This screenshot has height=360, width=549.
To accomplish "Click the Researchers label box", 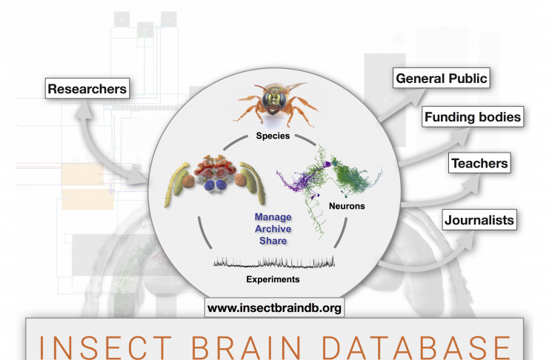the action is tap(87, 88).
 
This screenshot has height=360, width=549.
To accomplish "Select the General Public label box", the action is tap(441, 78).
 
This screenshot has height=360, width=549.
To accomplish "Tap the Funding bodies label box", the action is tap(473, 116).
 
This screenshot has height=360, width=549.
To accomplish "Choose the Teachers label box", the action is tap(479, 163).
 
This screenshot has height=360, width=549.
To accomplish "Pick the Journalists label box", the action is tap(479, 220).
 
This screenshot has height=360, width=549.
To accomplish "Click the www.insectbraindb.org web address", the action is tap(274, 307).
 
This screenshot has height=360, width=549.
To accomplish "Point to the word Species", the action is tap(273, 136).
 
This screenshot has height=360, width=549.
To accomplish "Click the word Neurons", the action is tap(347, 206).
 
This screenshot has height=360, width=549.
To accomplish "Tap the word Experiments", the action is tap(273, 279).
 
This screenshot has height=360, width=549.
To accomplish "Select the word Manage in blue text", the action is tap(273, 217).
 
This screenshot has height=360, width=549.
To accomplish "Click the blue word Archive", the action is tap(273, 229).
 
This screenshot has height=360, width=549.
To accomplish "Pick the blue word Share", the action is tap(273, 241).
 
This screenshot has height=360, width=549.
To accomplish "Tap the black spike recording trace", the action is tap(274, 262).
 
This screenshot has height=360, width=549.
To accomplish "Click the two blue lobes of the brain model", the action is tap(216, 185).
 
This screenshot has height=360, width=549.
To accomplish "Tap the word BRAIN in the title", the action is tap(246, 347).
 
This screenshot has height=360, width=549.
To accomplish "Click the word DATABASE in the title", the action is tap(416, 347).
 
